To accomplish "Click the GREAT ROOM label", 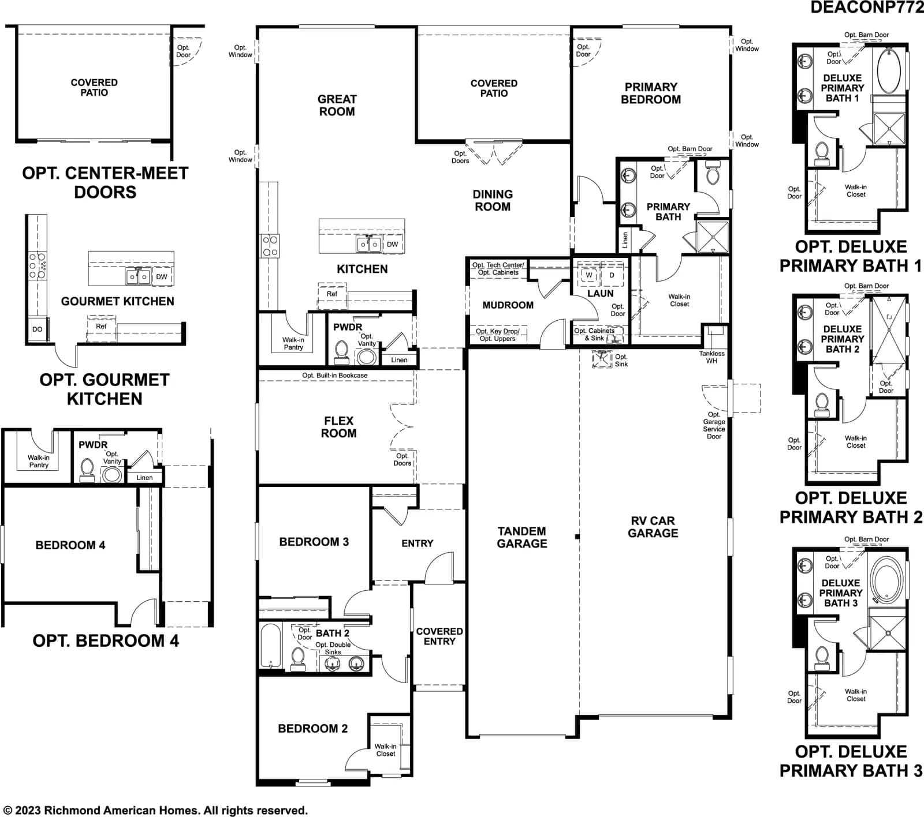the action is coord(337,106).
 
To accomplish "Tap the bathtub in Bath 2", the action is coord(270,646).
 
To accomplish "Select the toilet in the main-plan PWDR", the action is coord(341,353).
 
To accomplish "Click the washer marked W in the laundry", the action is coord(589,275).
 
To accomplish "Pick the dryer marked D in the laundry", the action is coord(612,275).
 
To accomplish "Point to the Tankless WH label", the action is coord(711,357).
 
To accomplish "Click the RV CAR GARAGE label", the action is coord(653,527).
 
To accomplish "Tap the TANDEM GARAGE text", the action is coord(522,537).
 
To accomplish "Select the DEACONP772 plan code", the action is coord(867,8).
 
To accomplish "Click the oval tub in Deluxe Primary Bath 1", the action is coord(889,70).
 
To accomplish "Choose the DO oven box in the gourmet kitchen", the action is coord(37,329).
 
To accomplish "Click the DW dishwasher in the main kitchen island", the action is coord(392,245).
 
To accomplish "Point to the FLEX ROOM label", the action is coord(338,427).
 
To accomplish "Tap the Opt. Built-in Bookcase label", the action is coord(335,376).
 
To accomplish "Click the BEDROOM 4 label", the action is coord(70,545).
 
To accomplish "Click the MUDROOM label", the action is coord(508,305).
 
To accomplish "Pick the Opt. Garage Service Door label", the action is coord(714,425).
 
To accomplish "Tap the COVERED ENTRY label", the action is coord(439,636).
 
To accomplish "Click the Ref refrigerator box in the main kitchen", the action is coord(332,294).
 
